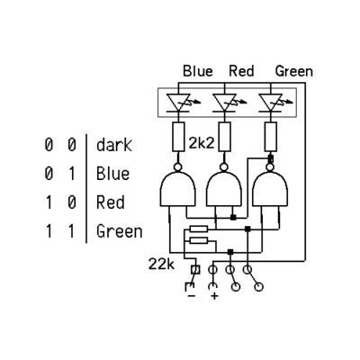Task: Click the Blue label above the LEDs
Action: click(x=198, y=71)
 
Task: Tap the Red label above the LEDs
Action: click(x=241, y=71)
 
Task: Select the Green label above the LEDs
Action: click(x=294, y=71)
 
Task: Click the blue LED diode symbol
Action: click(x=179, y=103)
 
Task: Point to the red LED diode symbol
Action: click(x=225, y=103)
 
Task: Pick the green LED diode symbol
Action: click(x=271, y=103)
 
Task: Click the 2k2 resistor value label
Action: click(x=202, y=143)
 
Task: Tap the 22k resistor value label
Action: click(x=161, y=265)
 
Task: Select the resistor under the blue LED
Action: click(x=178, y=137)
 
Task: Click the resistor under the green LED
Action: click(x=271, y=137)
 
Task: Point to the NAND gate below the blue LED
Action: click(x=178, y=186)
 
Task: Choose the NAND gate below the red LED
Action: click(x=224, y=186)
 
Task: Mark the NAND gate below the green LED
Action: click(x=270, y=186)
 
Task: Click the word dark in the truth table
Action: click(x=114, y=145)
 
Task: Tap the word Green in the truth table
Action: click(x=120, y=231)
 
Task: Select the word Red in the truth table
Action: click(x=110, y=202)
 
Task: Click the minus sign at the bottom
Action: click(x=192, y=296)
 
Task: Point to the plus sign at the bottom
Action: click(x=214, y=296)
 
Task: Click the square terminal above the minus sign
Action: click(x=195, y=270)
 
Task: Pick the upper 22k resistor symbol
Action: click(x=199, y=229)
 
